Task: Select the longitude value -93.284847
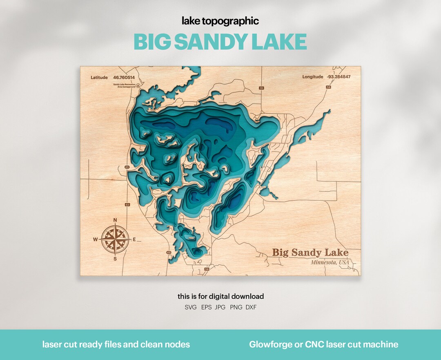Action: tap(339, 77)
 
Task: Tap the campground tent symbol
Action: tap(138, 86)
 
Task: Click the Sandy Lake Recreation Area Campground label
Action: tap(124, 86)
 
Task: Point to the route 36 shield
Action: tap(261, 88)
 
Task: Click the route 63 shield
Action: tap(127, 205)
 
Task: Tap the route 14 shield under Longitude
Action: tap(328, 87)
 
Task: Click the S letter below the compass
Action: tap(115, 259)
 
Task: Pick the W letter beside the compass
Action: tap(96, 239)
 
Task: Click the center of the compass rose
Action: tap(115, 239)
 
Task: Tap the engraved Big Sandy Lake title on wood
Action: tap(310, 253)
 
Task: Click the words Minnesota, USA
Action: tap(330, 262)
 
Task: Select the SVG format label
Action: tap(191, 307)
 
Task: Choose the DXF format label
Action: tap(251, 307)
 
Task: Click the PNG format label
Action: tap(236, 307)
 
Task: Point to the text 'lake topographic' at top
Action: tap(220, 21)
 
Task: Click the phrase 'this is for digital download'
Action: tap(220, 296)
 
